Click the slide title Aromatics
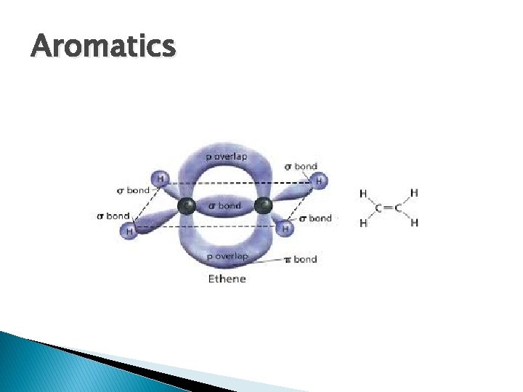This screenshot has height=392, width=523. (x=103, y=46)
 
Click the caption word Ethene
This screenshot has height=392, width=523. (x=227, y=279)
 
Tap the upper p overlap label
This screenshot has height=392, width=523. (x=227, y=157)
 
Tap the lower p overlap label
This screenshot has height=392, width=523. (x=227, y=256)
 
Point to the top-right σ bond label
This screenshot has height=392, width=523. (x=301, y=166)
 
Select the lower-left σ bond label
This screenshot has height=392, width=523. (x=113, y=216)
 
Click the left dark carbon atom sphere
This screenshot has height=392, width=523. (x=187, y=206)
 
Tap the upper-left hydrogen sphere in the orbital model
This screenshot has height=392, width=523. (x=160, y=178)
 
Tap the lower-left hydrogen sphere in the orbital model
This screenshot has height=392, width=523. (x=130, y=231)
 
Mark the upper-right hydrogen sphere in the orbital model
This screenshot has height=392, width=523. (x=317, y=180)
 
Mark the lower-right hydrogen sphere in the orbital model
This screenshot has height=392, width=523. (x=285, y=229)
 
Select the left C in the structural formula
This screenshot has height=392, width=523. (x=378, y=208)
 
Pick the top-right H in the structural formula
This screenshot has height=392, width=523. (x=414, y=193)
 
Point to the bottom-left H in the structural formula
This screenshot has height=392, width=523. (x=363, y=224)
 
